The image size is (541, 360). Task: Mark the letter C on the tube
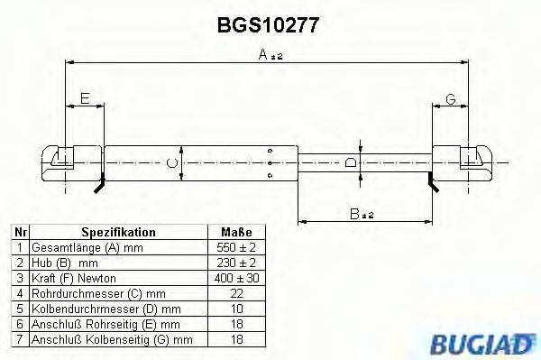click(173, 162)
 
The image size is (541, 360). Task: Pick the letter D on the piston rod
click(352, 162)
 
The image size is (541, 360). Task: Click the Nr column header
click(20, 232)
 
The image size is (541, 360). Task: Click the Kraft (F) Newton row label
click(74, 277)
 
